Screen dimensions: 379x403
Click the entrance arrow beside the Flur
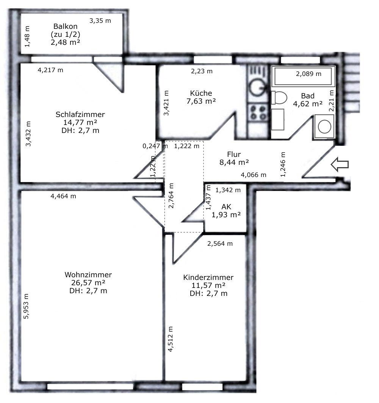point(340,164)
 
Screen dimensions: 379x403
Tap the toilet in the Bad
point(279,98)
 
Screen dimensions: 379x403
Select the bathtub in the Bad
point(303,76)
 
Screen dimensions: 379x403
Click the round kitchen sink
point(258,87)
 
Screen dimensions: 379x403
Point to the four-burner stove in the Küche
point(258,113)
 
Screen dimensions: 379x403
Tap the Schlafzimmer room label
point(80,114)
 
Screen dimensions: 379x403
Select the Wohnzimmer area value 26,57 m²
point(88,283)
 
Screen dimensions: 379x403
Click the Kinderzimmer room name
point(208,278)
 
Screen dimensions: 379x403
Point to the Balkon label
point(66,26)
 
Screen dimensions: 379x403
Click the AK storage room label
point(226,207)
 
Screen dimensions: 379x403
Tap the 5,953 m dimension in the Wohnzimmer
point(26,306)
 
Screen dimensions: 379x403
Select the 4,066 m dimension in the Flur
point(253,175)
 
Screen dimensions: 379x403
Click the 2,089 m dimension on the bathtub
point(309,74)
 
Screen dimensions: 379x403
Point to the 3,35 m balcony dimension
point(100,21)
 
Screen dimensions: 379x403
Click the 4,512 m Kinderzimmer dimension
point(170,339)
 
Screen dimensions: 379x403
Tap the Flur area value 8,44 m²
point(234,162)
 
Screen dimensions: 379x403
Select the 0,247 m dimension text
point(155,146)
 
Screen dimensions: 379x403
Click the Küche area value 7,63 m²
point(201,101)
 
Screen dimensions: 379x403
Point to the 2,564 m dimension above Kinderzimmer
point(220,243)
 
